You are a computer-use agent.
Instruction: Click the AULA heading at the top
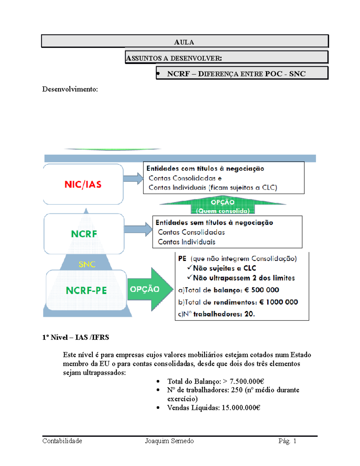pyautogui.click(x=184, y=42)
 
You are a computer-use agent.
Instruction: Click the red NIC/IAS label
pyautogui.click(x=83, y=184)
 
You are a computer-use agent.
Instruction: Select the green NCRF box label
pyautogui.click(x=84, y=234)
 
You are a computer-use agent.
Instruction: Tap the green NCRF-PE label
pyautogui.click(x=86, y=290)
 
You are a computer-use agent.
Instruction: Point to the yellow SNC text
pyautogui.click(x=87, y=264)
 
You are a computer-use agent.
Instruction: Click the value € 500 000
pyautogui.click(x=262, y=290)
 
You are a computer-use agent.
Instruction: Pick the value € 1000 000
pyautogui.click(x=278, y=302)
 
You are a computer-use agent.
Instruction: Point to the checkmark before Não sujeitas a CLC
pyautogui.click(x=190, y=267)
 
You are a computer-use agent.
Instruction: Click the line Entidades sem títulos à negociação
pyautogui.click(x=214, y=223)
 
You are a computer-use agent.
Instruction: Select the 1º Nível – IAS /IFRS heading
pyautogui.click(x=76, y=338)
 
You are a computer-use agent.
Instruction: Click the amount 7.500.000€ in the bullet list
pyautogui.click(x=247, y=381)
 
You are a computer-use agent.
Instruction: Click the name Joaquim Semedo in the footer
pyautogui.click(x=169, y=441)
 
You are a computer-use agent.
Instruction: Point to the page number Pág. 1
pyautogui.click(x=287, y=441)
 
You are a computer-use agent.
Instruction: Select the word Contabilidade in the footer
pyautogui.click(x=62, y=441)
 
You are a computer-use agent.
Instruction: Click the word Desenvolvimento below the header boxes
pyautogui.click(x=70, y=89)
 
